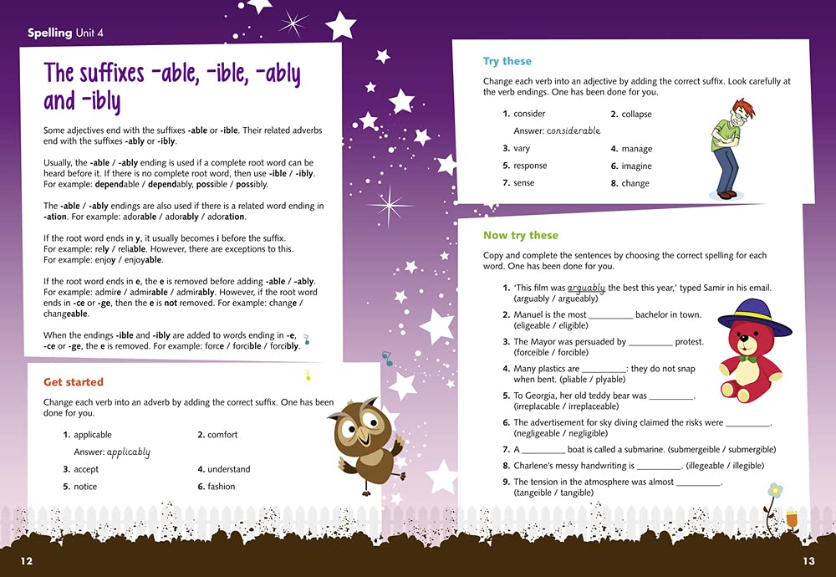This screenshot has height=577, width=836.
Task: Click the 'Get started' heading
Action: (x=74, y=382)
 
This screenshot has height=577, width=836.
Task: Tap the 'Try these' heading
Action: (x=507, y=61)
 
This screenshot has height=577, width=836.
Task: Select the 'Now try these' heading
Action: (x=521, y=236)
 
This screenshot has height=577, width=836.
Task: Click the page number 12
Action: (x=27, y=560)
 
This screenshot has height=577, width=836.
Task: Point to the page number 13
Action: (x=808, y=560)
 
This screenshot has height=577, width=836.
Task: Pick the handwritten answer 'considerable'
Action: (x=568, y=130)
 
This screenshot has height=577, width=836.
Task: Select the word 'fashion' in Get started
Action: (x=222, y=487)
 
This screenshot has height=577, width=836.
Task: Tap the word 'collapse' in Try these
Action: (x=636, y=114)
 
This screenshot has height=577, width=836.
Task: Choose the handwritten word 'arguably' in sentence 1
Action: (x=585, y=288)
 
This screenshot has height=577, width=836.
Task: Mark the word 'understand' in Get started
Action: (x=229, y=469)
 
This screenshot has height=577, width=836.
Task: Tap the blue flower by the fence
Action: (x=775, y=489)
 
